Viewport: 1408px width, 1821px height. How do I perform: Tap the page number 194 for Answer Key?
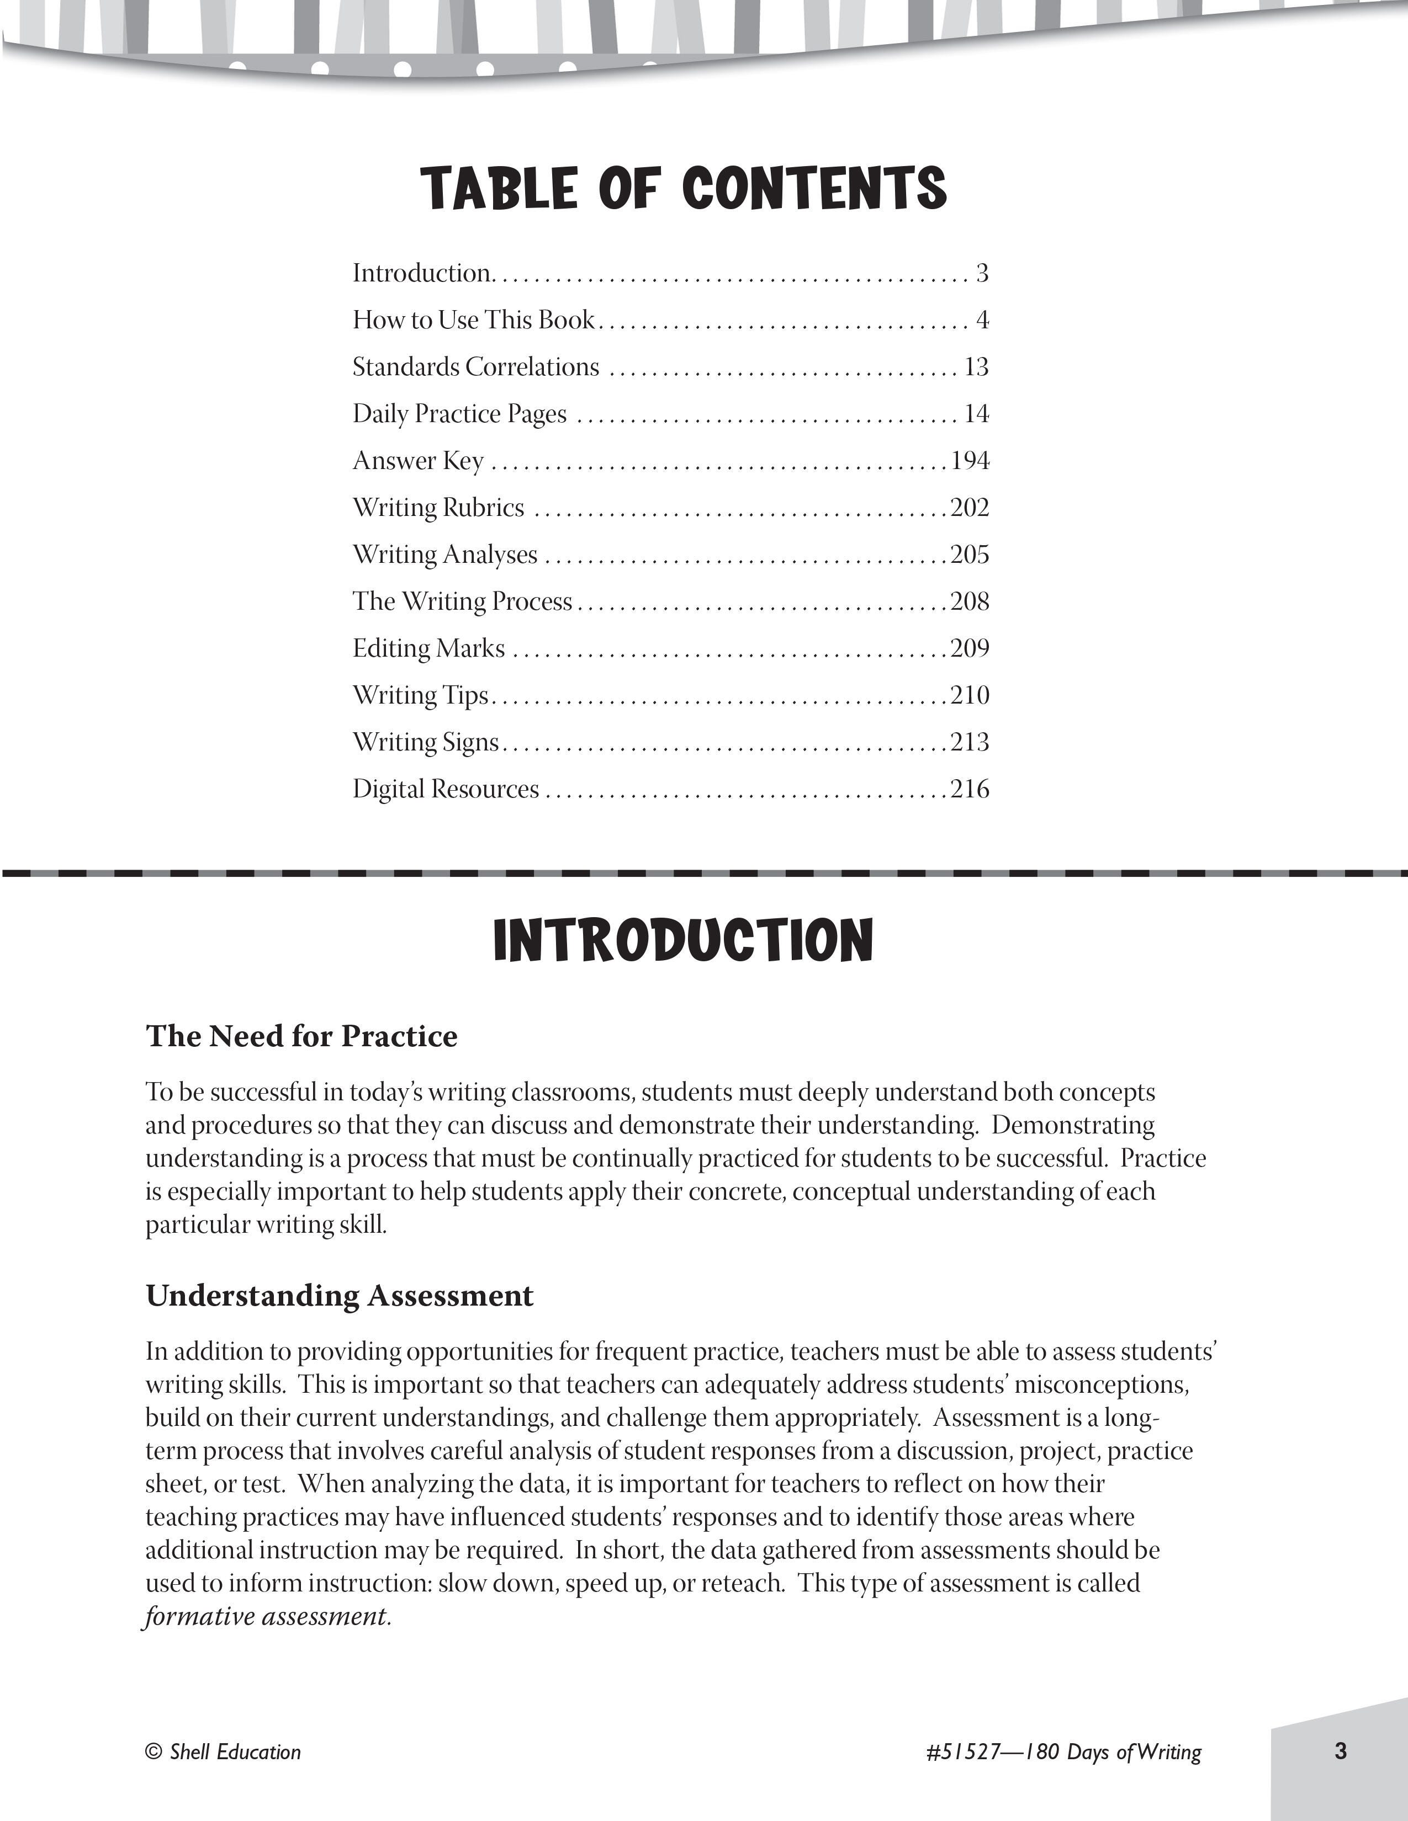(970, 460)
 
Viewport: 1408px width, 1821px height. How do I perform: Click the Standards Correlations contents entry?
(475, 367)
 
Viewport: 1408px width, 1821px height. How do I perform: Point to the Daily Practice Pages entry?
(459, 413)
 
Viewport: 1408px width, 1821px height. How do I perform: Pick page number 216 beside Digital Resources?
(970, 789)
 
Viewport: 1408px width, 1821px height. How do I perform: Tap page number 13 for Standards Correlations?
(976, 367)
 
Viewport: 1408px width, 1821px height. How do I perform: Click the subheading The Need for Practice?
(302, 1036)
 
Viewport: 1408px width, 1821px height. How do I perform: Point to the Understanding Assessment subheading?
(340, 1296)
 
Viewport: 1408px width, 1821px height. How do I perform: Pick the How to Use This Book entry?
(474, 320)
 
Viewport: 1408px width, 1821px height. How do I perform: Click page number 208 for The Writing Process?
(970, 601)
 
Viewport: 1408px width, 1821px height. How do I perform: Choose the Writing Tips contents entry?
(420, 695)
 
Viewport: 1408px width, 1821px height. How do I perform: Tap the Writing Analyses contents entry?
(444, 555)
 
